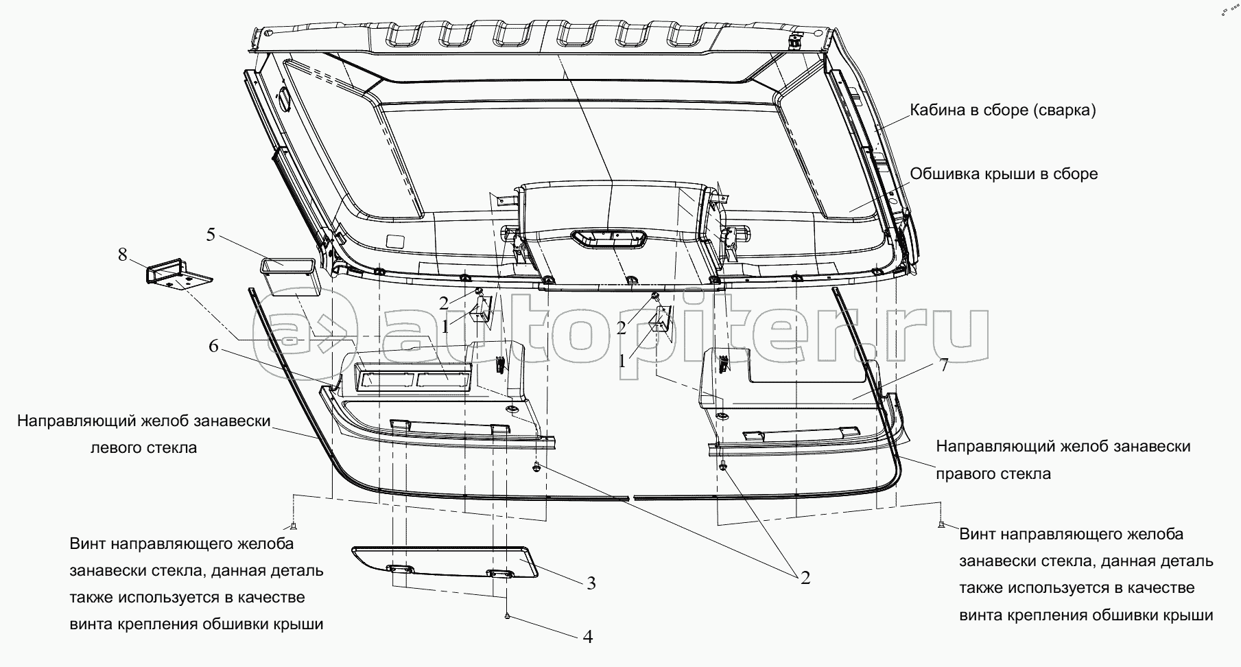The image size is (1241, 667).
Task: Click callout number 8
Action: [123, 255]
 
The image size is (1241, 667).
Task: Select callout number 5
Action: [211, 235]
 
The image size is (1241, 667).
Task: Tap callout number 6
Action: [214, 347]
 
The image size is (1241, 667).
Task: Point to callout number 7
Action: [943, 365]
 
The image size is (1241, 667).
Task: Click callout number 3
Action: [590, 583]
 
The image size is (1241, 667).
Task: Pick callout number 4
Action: [587, 637]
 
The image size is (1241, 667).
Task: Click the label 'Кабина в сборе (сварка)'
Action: [1002, 110]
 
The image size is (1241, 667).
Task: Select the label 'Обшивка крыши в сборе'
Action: [1004, 174]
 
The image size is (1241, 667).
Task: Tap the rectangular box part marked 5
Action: [287, 276]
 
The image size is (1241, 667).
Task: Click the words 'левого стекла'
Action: [143, 447]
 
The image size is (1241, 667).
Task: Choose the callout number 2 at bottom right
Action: [805, 578]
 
